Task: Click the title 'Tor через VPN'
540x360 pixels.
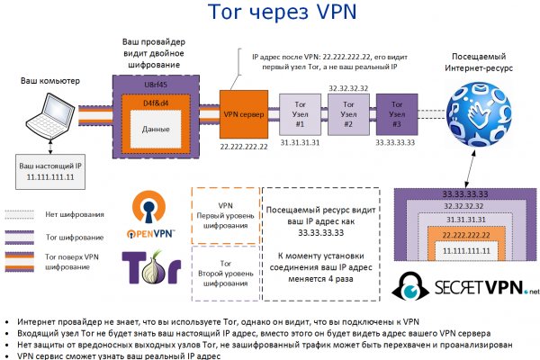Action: click(269, 13)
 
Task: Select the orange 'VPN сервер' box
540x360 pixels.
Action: click(243, 114)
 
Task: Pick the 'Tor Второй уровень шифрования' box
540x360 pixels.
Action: click(224, 271)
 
